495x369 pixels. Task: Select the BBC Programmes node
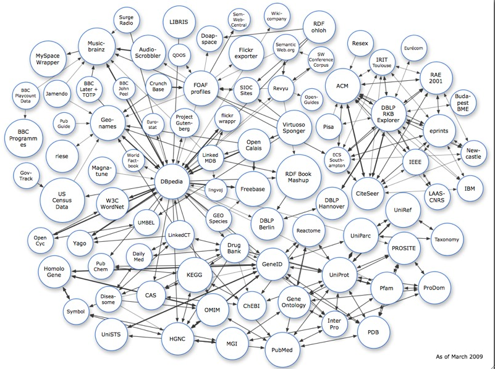click(26, 136)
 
